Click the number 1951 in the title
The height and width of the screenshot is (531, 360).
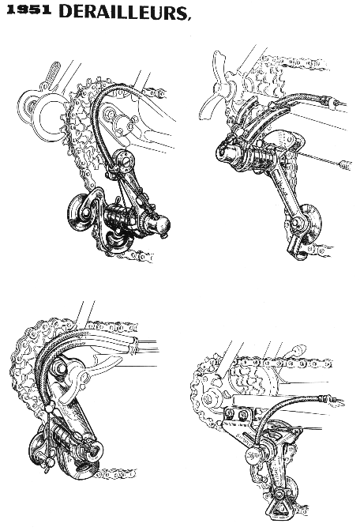[29, 10]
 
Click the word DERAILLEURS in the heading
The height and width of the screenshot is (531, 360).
[122, 11]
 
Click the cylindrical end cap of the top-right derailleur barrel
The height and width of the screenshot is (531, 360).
[227, 155]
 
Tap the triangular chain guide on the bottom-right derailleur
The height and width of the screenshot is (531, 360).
[279, 507]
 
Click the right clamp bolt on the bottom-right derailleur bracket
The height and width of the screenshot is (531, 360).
[243, 414]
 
